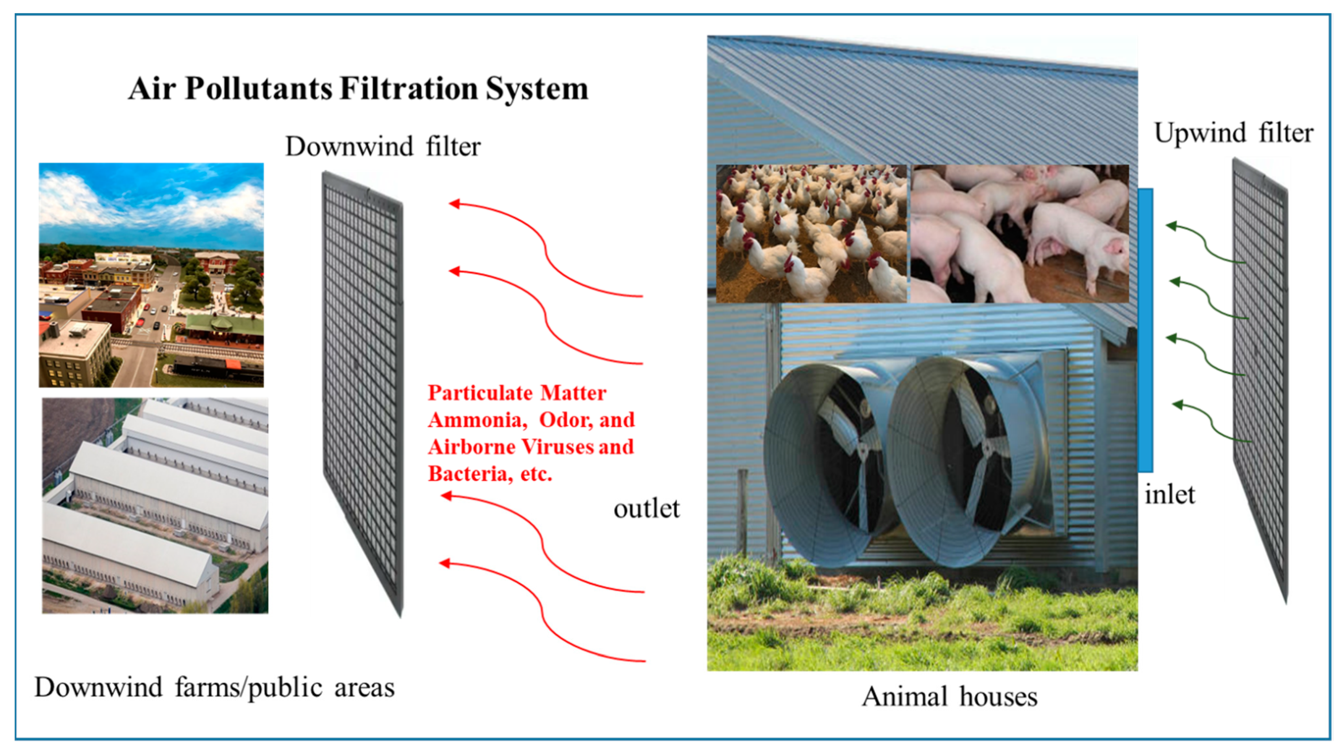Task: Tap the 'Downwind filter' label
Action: tap(383, 147)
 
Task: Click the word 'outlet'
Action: tap(646, 509)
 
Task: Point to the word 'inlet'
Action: tap(1169, 495)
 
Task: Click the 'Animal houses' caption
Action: tap(949, 697)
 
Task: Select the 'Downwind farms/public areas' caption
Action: tap(214, 688)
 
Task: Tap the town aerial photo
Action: tap(151, 275)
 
